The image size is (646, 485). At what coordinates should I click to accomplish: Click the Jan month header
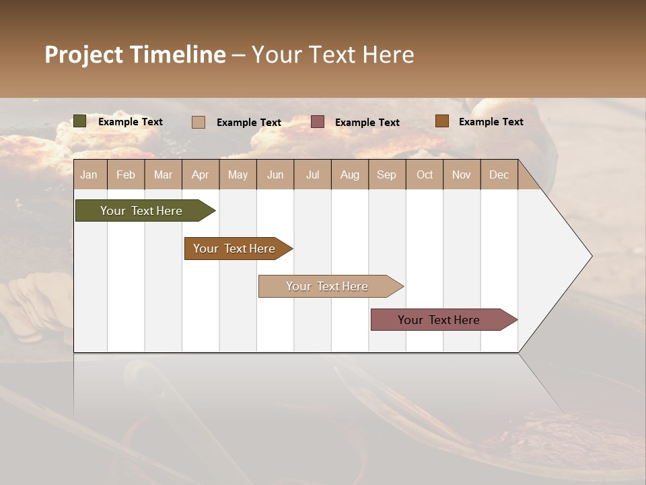pyautogui.click(x=89, y=174)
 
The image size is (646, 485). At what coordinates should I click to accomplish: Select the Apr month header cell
pyautogui.click(x=200, y=174)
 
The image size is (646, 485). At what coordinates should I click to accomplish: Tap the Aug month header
pyautogui.click(x=349, y=174)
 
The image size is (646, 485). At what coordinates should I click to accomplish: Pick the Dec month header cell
pyautogui.click(x=499, y=174)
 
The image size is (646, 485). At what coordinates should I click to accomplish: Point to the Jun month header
pyautogui.click(x=275, y=174)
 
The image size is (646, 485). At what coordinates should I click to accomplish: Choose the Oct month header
pyautogui.click(x=424, y=174)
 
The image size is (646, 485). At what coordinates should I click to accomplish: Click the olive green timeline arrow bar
pyautogui.click(x=141, y=211)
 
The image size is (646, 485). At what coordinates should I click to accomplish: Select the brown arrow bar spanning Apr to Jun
pyautogui.click(x=234, y=249)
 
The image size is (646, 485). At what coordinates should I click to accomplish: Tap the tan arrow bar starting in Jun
pyautogui.click(x=327, y=286)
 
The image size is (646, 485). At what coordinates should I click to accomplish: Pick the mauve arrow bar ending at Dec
pyautogui.click(x=439, y=320)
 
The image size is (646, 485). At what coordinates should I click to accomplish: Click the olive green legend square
pyautogui.click(x=79, y=121)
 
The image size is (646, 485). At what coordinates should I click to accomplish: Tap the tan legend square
pyautogui.click(x=198, y=122)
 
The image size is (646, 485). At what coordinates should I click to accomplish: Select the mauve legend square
pyautogui.click(x=318, y=122)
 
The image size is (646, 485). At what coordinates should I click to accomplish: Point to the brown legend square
pyautogui.click(x=441, y=121)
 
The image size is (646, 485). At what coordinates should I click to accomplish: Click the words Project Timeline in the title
pyautogui.click(x=135, y=55)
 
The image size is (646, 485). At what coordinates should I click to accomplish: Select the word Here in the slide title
pyautogui.click(x=388, y=55)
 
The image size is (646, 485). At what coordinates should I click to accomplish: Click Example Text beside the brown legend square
pyautogui.click(x=491, y=121)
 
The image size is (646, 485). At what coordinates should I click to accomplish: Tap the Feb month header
pyautogui.click(x=125, y=174)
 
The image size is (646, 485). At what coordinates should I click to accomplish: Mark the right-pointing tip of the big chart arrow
pyautogui.click(x=590, y=256)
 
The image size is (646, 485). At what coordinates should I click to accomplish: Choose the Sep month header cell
pyautogui.click(x=386, y=174)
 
